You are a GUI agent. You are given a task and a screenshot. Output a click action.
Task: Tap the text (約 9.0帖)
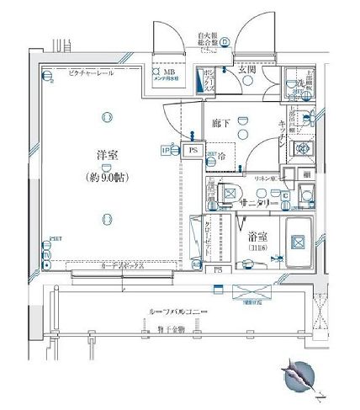coord(106,178)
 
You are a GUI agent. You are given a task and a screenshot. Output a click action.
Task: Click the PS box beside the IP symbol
coord(193,152)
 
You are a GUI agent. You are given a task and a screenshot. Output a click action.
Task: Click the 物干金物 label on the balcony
coord(175,327)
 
